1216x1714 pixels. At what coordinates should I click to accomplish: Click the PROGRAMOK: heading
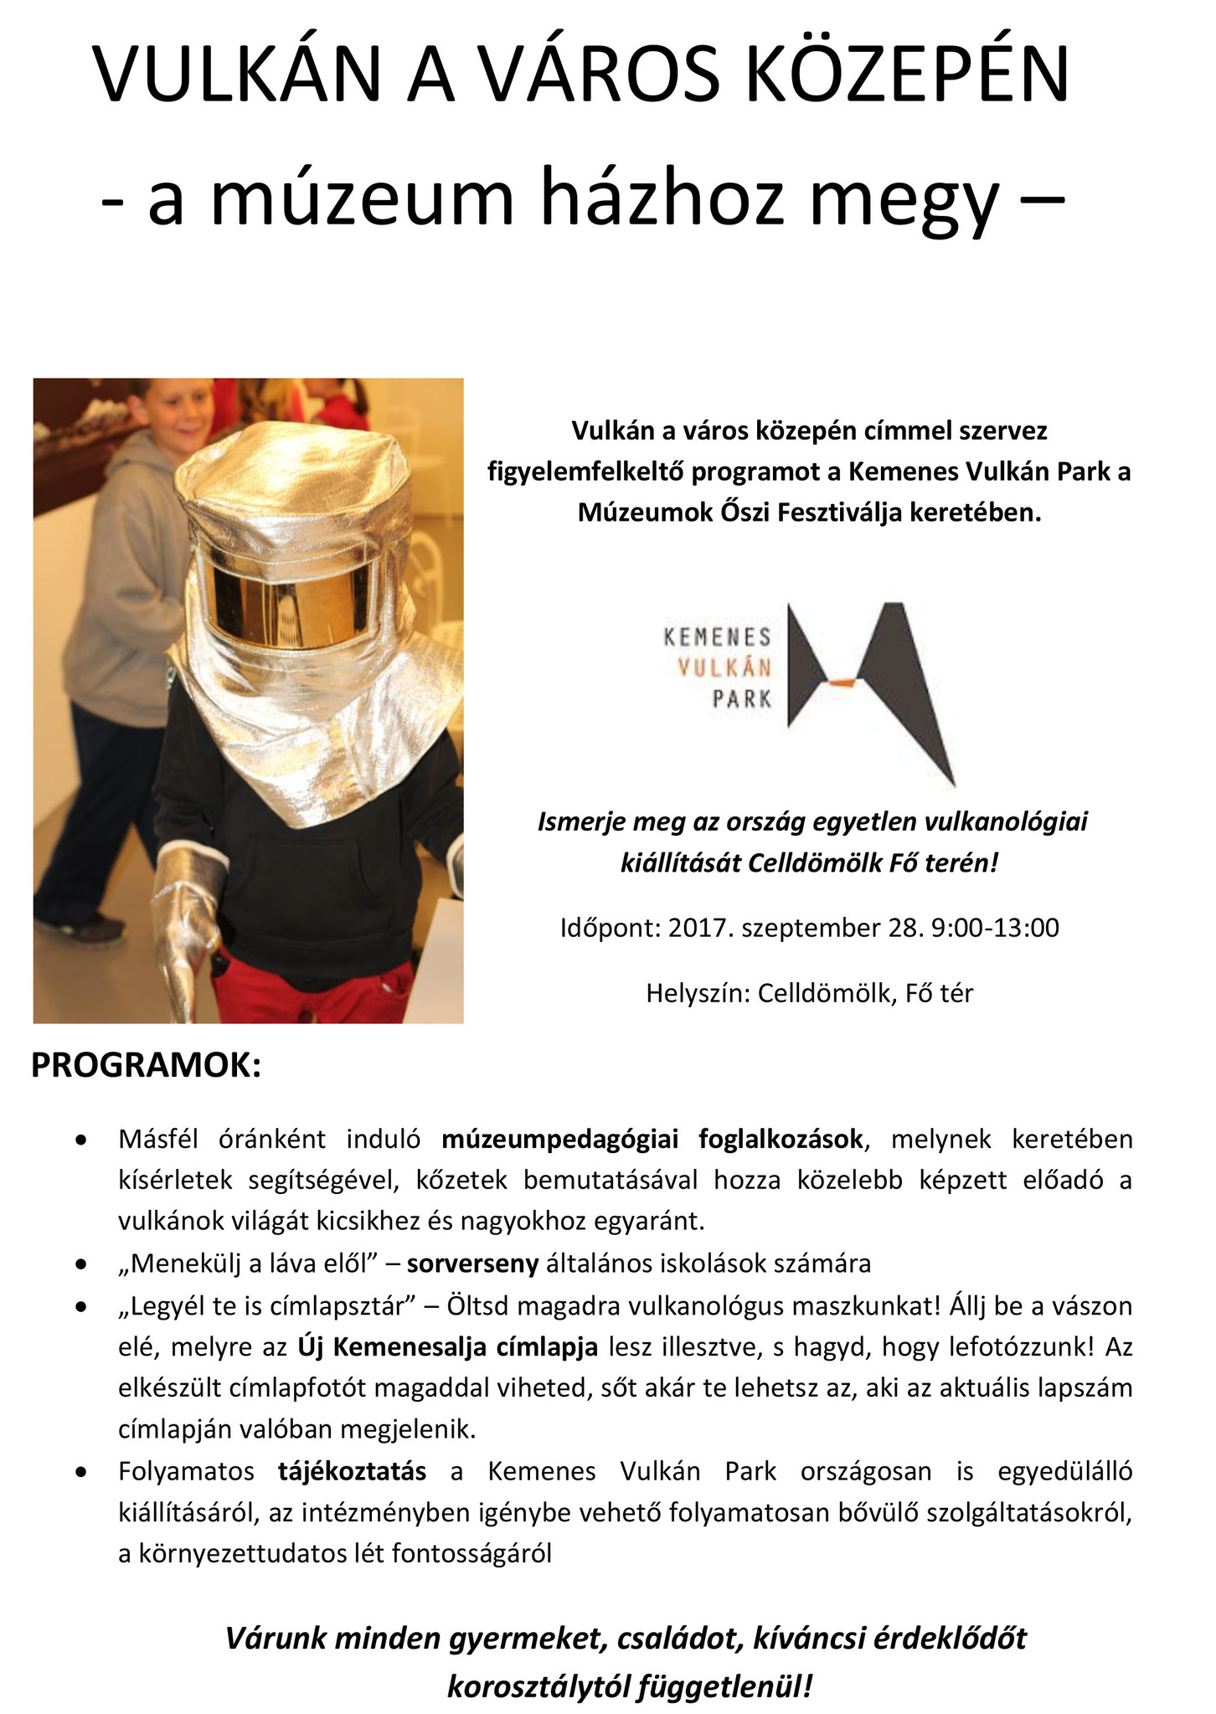point(147,1066)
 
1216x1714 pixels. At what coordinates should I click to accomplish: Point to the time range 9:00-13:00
point(994,928)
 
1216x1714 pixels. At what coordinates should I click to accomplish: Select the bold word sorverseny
point(472,1264)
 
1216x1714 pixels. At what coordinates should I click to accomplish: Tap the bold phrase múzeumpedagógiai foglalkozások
point(652,1139)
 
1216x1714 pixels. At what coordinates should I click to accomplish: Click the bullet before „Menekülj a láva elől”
point(81,1264)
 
